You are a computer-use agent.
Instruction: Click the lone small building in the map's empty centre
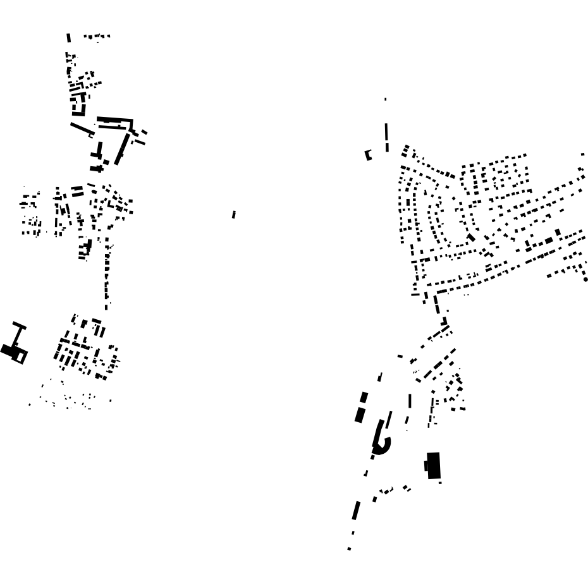[234, 215]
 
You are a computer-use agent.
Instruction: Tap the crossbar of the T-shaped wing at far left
[19, 326]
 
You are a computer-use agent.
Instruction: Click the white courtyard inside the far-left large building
[21, 356]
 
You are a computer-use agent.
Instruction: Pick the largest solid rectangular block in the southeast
[434, 466]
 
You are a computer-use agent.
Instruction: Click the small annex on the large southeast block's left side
[426, 466]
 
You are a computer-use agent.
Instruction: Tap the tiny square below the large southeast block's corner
[440, 482]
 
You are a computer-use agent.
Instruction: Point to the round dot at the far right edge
[585, 279]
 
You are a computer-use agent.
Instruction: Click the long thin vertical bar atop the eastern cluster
[386, 137]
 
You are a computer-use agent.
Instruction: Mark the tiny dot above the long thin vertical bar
[386, 99]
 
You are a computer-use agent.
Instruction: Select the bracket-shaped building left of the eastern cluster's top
[368, 155]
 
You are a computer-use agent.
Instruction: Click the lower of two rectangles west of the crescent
[360, 415]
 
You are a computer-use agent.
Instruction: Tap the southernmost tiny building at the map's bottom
[349, 549]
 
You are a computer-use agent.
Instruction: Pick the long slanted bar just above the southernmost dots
[356, 510]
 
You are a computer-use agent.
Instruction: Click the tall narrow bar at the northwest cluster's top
[68, 38]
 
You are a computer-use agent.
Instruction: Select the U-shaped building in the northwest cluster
[78, 105]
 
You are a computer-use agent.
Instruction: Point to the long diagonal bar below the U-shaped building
[82, 129]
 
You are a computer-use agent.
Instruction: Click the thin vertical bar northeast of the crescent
[410, 401]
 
